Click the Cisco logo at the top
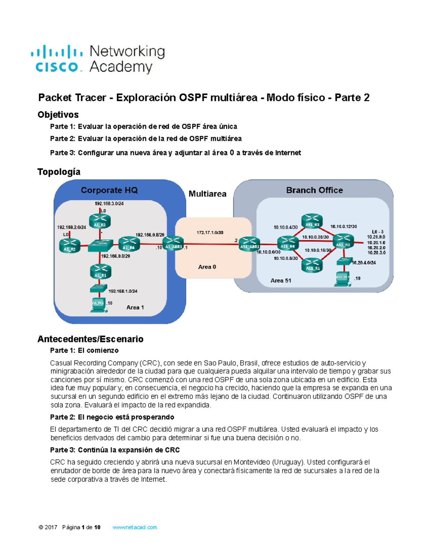click(x=57, y=59)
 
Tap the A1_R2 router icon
click(x=70, y=245)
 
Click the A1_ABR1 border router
click(x=173, y=243)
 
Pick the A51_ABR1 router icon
click(x=249, y=244)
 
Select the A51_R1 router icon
click(x=312, y=265)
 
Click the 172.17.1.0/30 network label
click(x=210, y=233)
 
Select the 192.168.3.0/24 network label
click(x=109, y=203)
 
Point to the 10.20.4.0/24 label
click(x=364, y=262)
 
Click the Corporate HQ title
click(x=109, y=190)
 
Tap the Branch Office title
click(x=314, y=190)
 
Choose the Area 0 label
click(x=207, y=267)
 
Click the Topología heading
click(x=59, y=172)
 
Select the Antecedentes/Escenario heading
click(x=90, y=339)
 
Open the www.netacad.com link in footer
click(x=135, y=527)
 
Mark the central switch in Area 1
click(x=100, y=245)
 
